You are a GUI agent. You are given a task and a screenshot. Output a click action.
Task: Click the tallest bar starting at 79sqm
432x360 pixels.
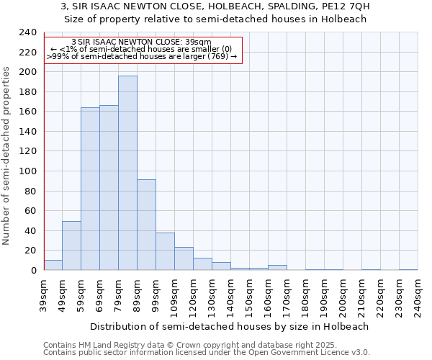(127, 173)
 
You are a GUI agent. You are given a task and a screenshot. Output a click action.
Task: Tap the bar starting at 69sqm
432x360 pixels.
(109, 188)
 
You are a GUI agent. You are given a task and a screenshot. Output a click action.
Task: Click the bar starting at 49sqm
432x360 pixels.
(71, 246)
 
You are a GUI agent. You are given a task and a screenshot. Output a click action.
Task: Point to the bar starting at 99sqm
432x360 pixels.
(165, 251)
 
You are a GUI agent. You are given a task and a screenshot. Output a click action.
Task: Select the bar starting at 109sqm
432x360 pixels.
(184, 258)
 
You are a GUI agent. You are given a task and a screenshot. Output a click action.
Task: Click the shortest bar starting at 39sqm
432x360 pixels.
(53, 265)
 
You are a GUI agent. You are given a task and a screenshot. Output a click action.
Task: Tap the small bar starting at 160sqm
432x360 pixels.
(277, 268)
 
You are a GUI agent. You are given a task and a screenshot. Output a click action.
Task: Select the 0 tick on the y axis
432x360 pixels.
(33, 271)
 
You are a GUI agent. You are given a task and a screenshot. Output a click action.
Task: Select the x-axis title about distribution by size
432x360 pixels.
(230, 326)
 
